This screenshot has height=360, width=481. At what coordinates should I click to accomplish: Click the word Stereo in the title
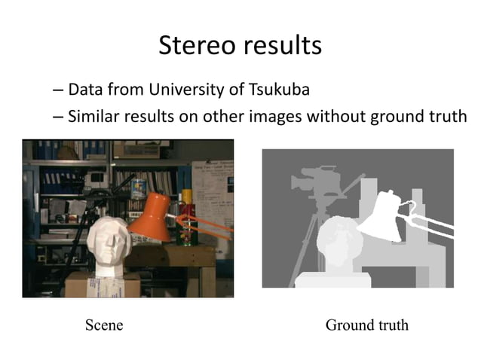click(x=197, y=47)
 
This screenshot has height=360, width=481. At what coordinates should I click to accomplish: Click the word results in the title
click(x=282, y=47)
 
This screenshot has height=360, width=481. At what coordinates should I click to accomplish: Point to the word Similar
click(x=93, y=117)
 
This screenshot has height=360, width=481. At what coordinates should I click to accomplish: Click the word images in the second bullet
click(x=305, y=117)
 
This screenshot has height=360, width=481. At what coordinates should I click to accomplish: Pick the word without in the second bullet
click(x=363, y=117)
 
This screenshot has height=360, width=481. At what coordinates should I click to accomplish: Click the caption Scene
click(x=104, y=325)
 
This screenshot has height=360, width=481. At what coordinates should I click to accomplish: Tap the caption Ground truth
click(x=367, y=325)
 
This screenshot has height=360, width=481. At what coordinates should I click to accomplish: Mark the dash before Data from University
click(x=58, y=91)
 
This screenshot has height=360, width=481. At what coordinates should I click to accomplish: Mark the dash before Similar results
click(x=58, y=118)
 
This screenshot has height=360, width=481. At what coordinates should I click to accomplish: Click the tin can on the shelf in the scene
click(x=138, y=188)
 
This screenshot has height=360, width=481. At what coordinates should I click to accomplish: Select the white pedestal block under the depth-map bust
click(x=332, y=280)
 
